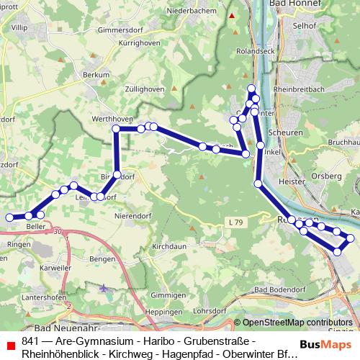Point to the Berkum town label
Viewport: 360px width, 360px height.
[96, 74]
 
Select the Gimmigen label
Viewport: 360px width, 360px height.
[169, 295]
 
